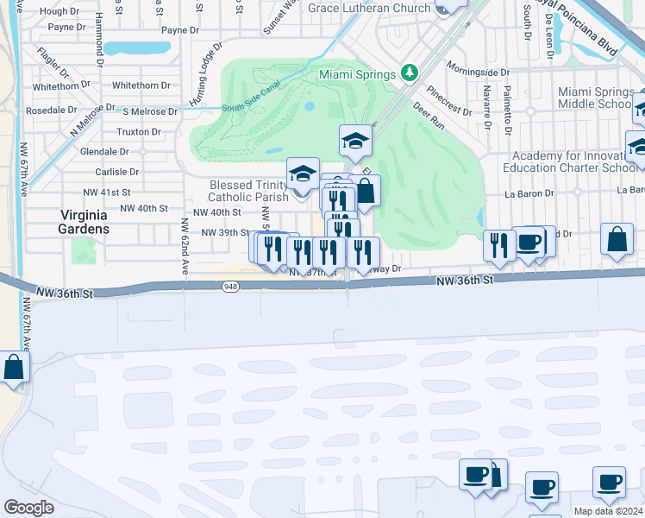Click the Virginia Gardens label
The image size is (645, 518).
click(x=84, y=222)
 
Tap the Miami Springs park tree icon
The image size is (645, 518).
click(x=411, y=73)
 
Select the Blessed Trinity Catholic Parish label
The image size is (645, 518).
click(x=248, y=191)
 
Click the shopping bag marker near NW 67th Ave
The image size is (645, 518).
click(x=15, y=367)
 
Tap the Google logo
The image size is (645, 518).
click(x=28, y=507)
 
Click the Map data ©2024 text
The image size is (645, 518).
click(x=608, y=511)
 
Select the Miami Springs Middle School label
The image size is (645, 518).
click(x=596, y=98)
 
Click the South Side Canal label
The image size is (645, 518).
click(x=252, y=108)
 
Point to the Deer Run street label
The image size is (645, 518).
click(x=428, y=117)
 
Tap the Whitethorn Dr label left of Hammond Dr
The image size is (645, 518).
click(x=56, y=86)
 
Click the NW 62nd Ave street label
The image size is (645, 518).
click(x=184, y=247)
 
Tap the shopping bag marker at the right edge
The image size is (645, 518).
click(x=618, y=240)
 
